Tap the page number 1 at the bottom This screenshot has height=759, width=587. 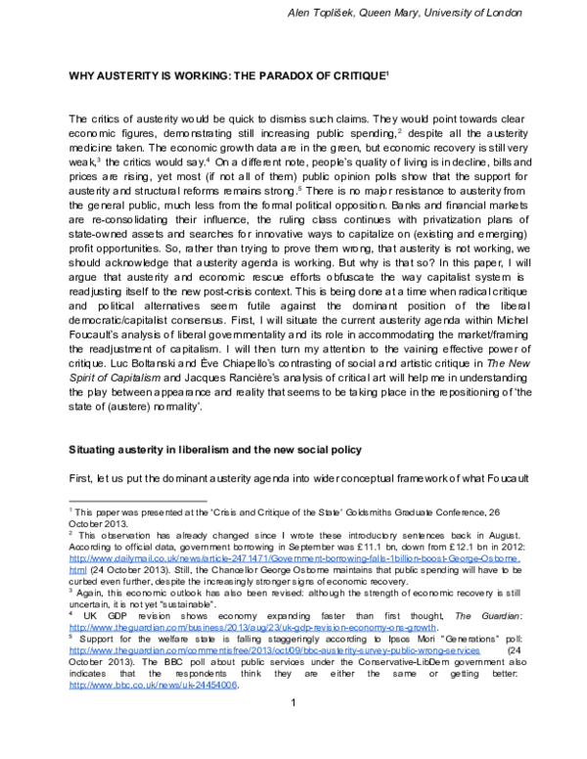pyautogui.click(x=293, y=729)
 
